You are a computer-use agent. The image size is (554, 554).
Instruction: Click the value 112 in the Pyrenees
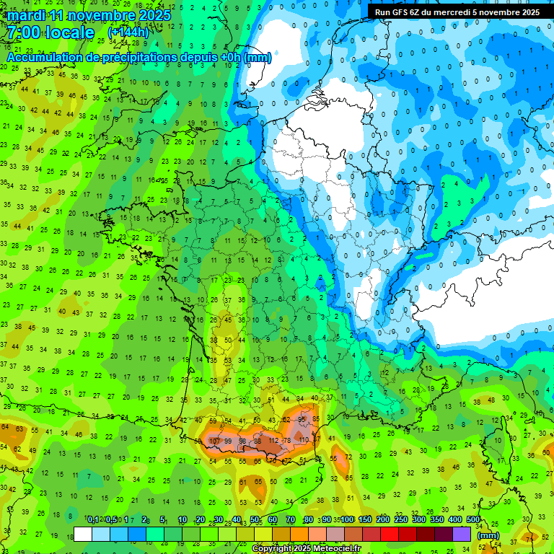point(273,441)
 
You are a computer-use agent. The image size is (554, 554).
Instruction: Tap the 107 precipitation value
point(214,441)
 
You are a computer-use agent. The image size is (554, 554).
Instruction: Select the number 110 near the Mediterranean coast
point(304,439)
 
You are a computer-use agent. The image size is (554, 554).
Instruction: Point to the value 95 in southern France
point(303,419)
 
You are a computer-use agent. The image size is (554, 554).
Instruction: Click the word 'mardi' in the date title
point(27,15)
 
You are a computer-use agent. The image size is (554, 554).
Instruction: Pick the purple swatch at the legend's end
point(462,535)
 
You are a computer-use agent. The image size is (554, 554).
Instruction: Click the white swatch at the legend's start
point(83,535)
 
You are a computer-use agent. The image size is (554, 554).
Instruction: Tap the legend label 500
point(472,520)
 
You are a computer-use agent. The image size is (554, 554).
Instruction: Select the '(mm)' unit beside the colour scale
point(488,535)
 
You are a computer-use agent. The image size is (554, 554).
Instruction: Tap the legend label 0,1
point(92,520)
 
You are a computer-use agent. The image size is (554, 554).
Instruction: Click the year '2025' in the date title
point(154,15)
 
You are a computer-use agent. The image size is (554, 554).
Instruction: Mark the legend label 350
point(436,520)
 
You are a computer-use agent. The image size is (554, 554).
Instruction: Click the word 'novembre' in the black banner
point(494,12)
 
